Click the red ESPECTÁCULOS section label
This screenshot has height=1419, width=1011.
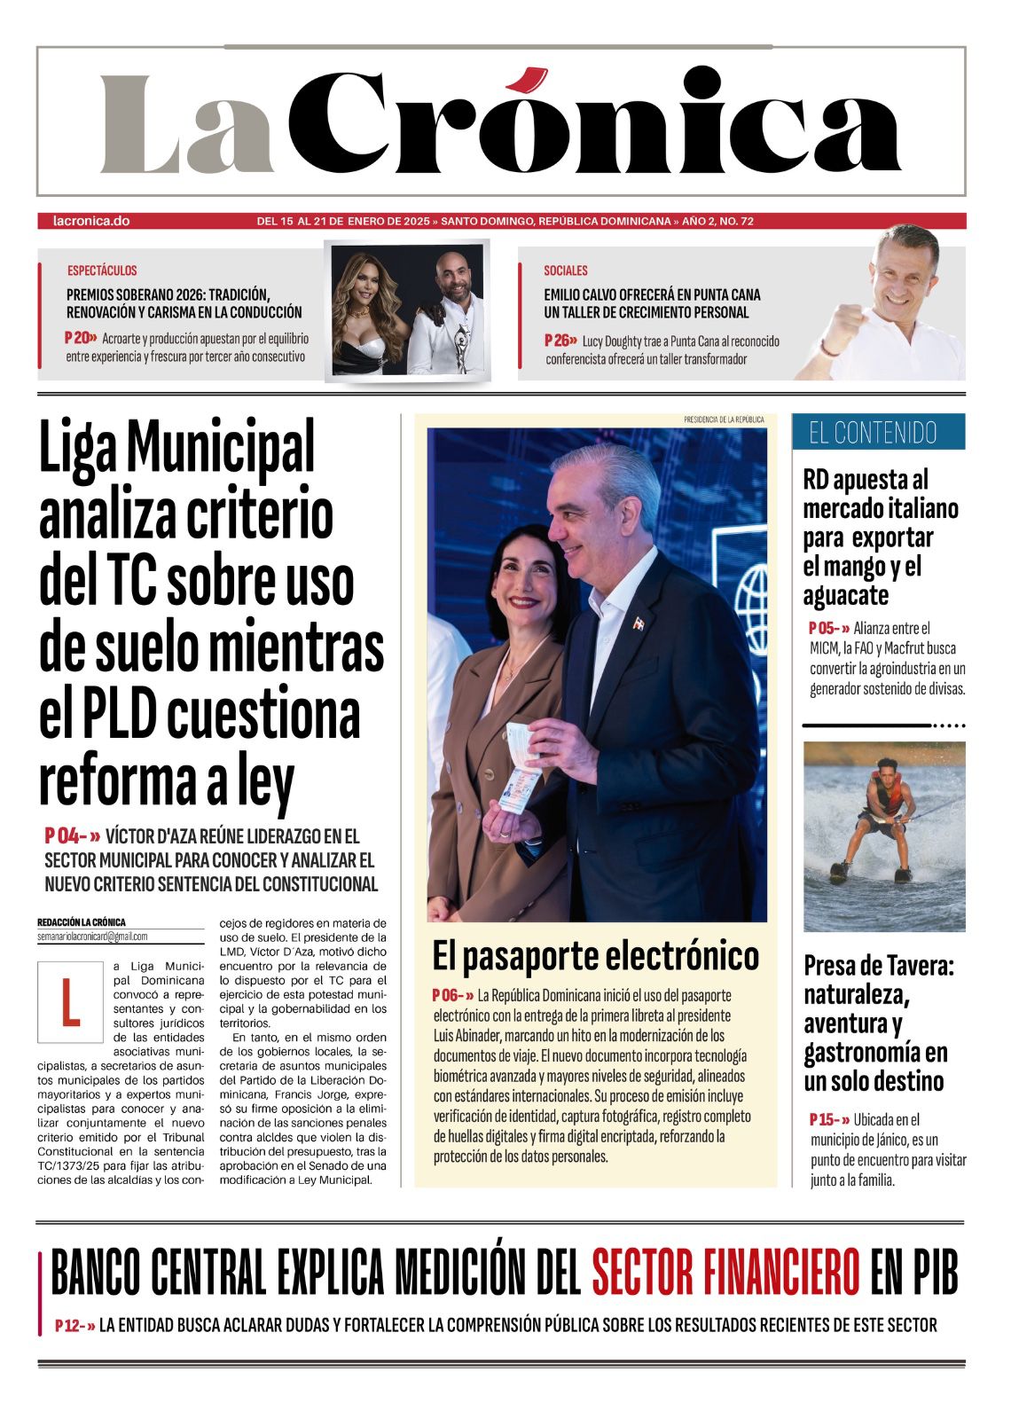[102, 270]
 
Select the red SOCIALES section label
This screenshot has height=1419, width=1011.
[566, 270]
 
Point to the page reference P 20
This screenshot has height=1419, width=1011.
[79, 338]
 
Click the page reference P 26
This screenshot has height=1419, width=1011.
[560, 341]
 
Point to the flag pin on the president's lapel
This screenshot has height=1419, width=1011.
[638, 623]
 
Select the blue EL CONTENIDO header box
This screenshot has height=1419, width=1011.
[877, 432]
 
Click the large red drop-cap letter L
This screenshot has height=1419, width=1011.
[70, 1002]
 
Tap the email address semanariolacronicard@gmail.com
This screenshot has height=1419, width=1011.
[92, 937]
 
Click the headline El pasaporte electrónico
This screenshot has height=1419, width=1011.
[595, 956]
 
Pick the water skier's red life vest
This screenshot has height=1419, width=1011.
[886, 792]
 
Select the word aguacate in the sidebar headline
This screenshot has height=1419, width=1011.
[845, 595]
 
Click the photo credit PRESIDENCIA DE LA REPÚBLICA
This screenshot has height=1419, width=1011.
[724, 419]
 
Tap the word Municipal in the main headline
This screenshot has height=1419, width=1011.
[221, 448]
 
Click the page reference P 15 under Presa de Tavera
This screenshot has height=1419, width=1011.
[827, 1120]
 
